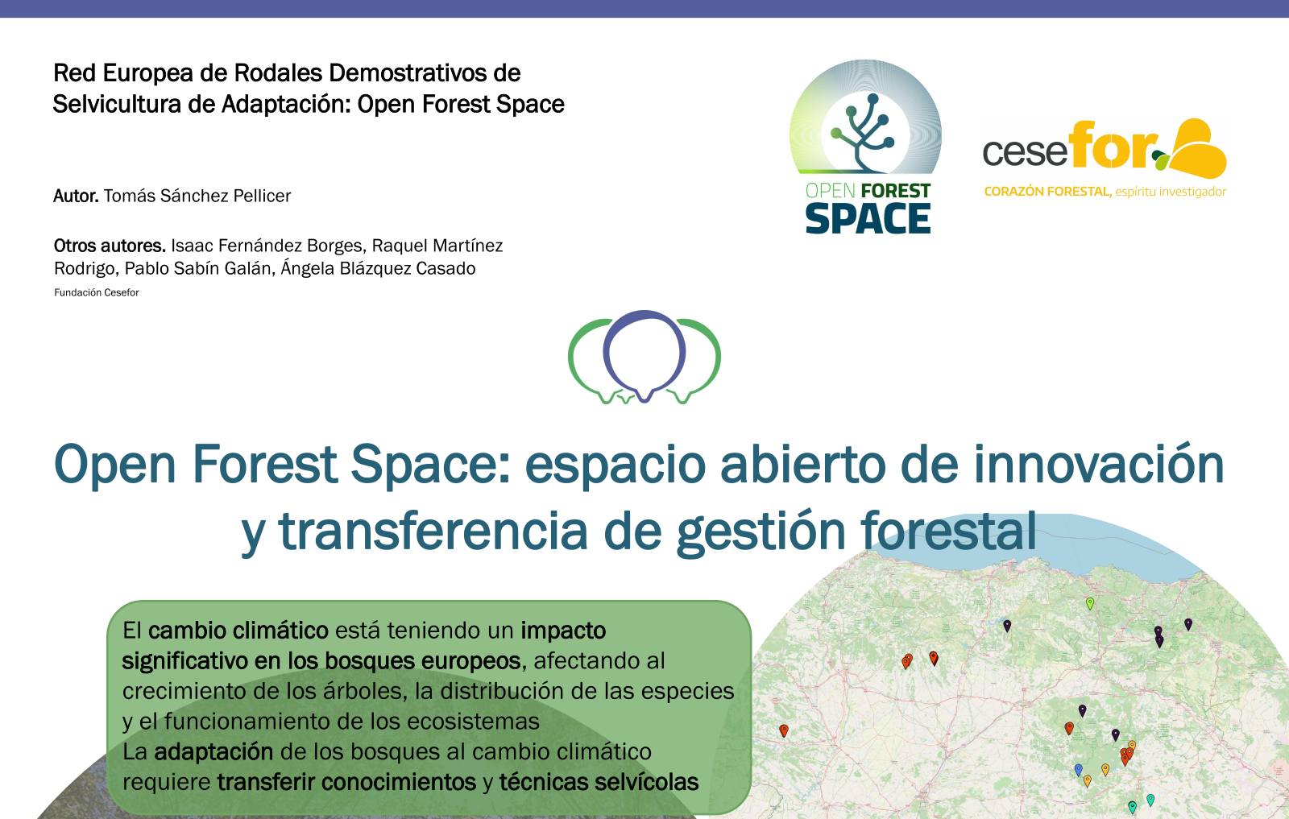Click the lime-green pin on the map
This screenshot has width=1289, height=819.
1089,603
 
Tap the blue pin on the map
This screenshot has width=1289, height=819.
1079,770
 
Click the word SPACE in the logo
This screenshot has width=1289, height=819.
868,219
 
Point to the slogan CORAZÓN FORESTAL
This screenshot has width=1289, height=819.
1047,192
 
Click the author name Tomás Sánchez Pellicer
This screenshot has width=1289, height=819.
197,196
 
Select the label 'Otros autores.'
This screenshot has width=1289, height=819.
110,246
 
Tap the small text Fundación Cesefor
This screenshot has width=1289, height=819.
97,292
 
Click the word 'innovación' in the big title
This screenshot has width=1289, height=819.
1099,465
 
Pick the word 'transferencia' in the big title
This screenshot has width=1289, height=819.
433,530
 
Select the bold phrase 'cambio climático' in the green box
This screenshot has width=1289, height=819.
238,631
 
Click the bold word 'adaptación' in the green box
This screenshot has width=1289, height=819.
213,752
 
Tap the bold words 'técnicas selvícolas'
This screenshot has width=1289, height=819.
599,782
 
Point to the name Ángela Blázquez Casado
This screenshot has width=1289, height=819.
378,269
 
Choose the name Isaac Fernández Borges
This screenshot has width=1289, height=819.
267,246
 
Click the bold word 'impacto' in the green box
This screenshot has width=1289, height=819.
563,631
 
